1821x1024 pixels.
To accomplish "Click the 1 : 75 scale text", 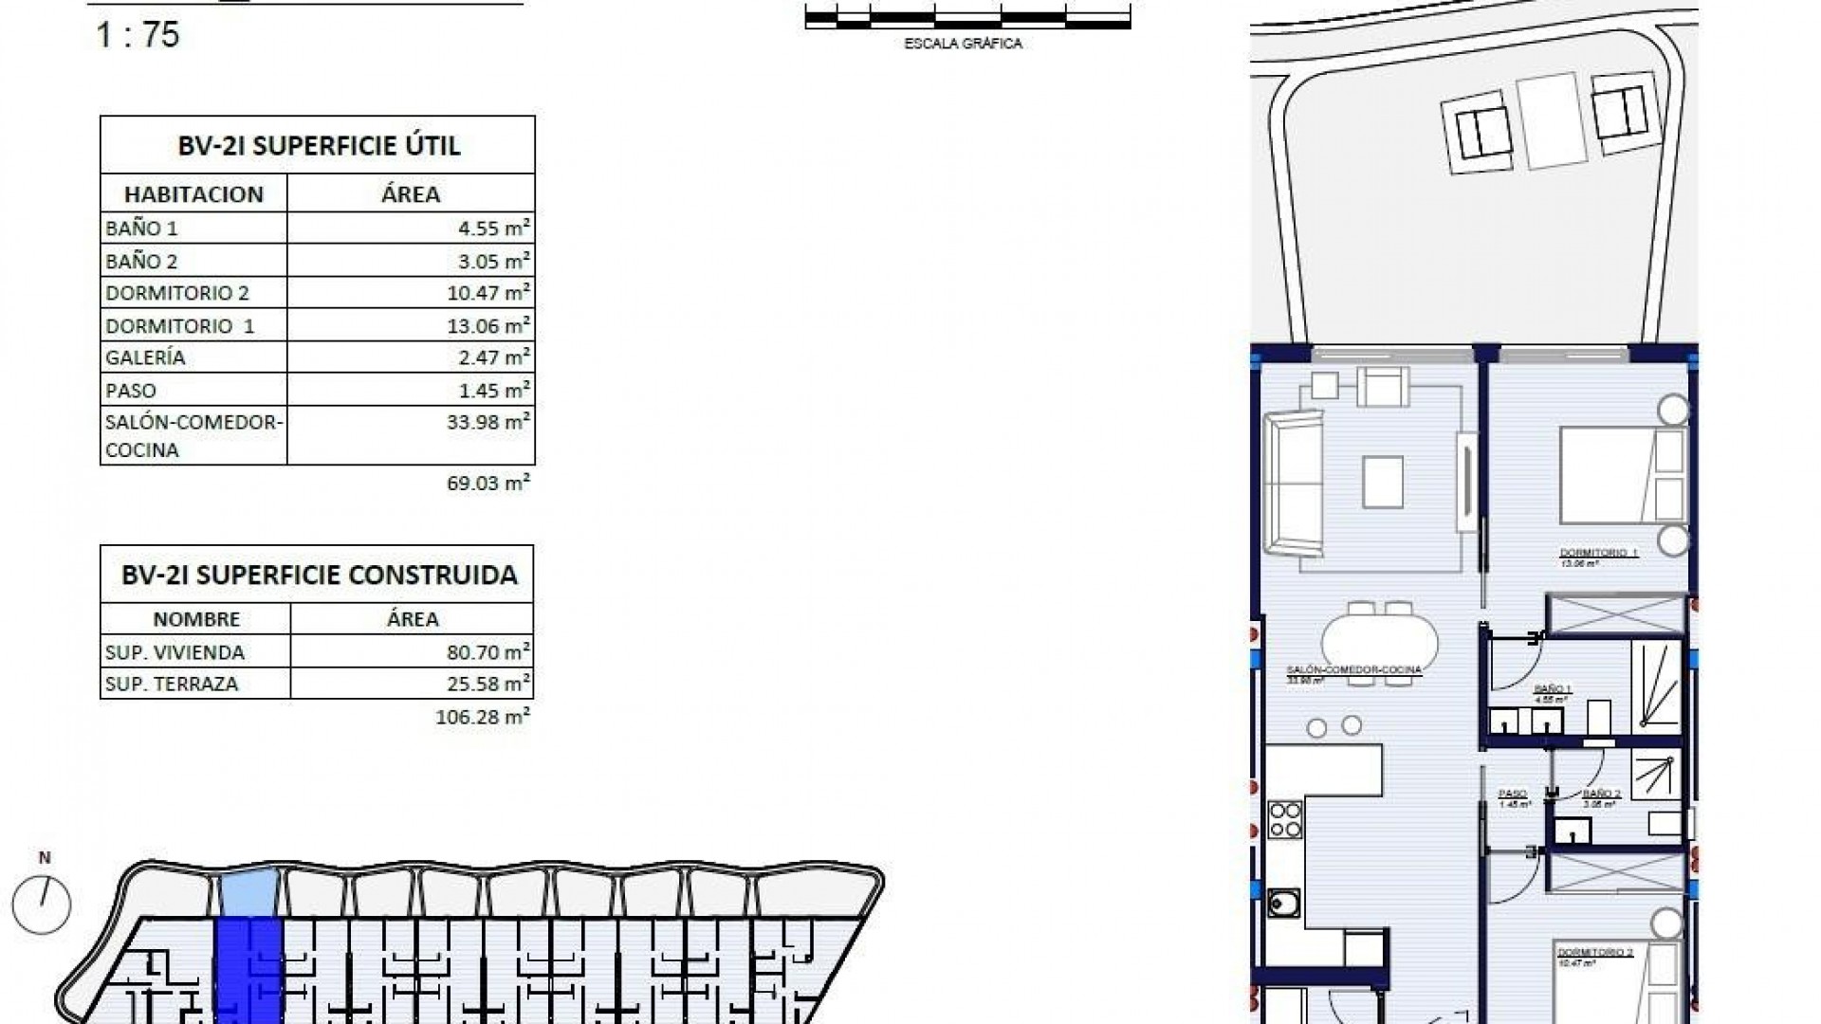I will coord(138,35).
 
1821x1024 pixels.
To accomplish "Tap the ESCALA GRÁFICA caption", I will coord(963,44).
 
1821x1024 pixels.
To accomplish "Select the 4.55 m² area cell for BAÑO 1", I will coord(487,228).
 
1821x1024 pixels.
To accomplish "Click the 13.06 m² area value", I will coord(487,325).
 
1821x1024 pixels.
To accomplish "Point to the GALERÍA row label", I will coord(145,357).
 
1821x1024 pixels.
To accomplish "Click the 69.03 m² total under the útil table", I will coord(487,483).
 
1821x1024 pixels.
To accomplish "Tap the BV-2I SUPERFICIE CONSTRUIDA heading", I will coord(319,575).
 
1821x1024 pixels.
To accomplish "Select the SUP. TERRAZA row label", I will coord(172,684).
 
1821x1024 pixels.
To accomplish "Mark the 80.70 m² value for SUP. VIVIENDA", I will coord(487,652).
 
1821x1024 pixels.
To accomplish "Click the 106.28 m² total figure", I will coord(482,717).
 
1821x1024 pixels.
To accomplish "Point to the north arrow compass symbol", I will coord(43,904).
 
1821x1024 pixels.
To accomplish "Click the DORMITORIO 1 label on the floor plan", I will coord(1599,553).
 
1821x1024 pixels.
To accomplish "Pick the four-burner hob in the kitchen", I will coord(1285,820).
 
